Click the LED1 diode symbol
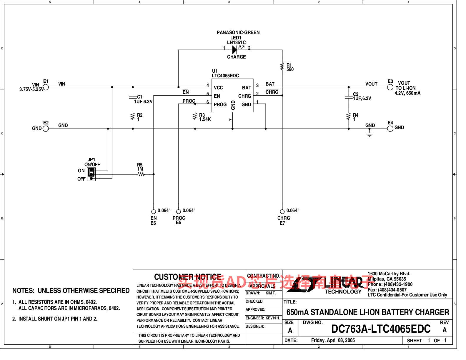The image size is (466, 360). click(234, 50)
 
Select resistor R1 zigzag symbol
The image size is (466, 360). click(282, 66)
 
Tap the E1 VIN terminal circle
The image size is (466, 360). click(46, 87)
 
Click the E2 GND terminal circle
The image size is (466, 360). click(46, 129)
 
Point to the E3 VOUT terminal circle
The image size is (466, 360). click(390, 87)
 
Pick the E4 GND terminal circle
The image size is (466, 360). click(390, 129)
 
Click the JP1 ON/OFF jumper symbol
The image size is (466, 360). click(91, 174)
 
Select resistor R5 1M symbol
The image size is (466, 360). click(142, 174)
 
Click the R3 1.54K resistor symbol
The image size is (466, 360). click(195, 116)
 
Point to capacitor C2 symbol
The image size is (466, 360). click(349, 97)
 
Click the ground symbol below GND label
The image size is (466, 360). click(370, 134)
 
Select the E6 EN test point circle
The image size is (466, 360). click(154, 211)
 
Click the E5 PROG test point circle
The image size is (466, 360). click(178, 211)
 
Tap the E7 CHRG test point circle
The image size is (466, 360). click(282, 211)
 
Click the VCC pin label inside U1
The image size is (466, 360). click(218, 88)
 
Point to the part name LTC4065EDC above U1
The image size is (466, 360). click(225, 76)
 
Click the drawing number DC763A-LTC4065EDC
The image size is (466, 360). click(381, 329)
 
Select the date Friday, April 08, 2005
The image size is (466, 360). click(333, 340)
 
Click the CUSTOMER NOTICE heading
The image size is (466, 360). click(188, 277)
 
